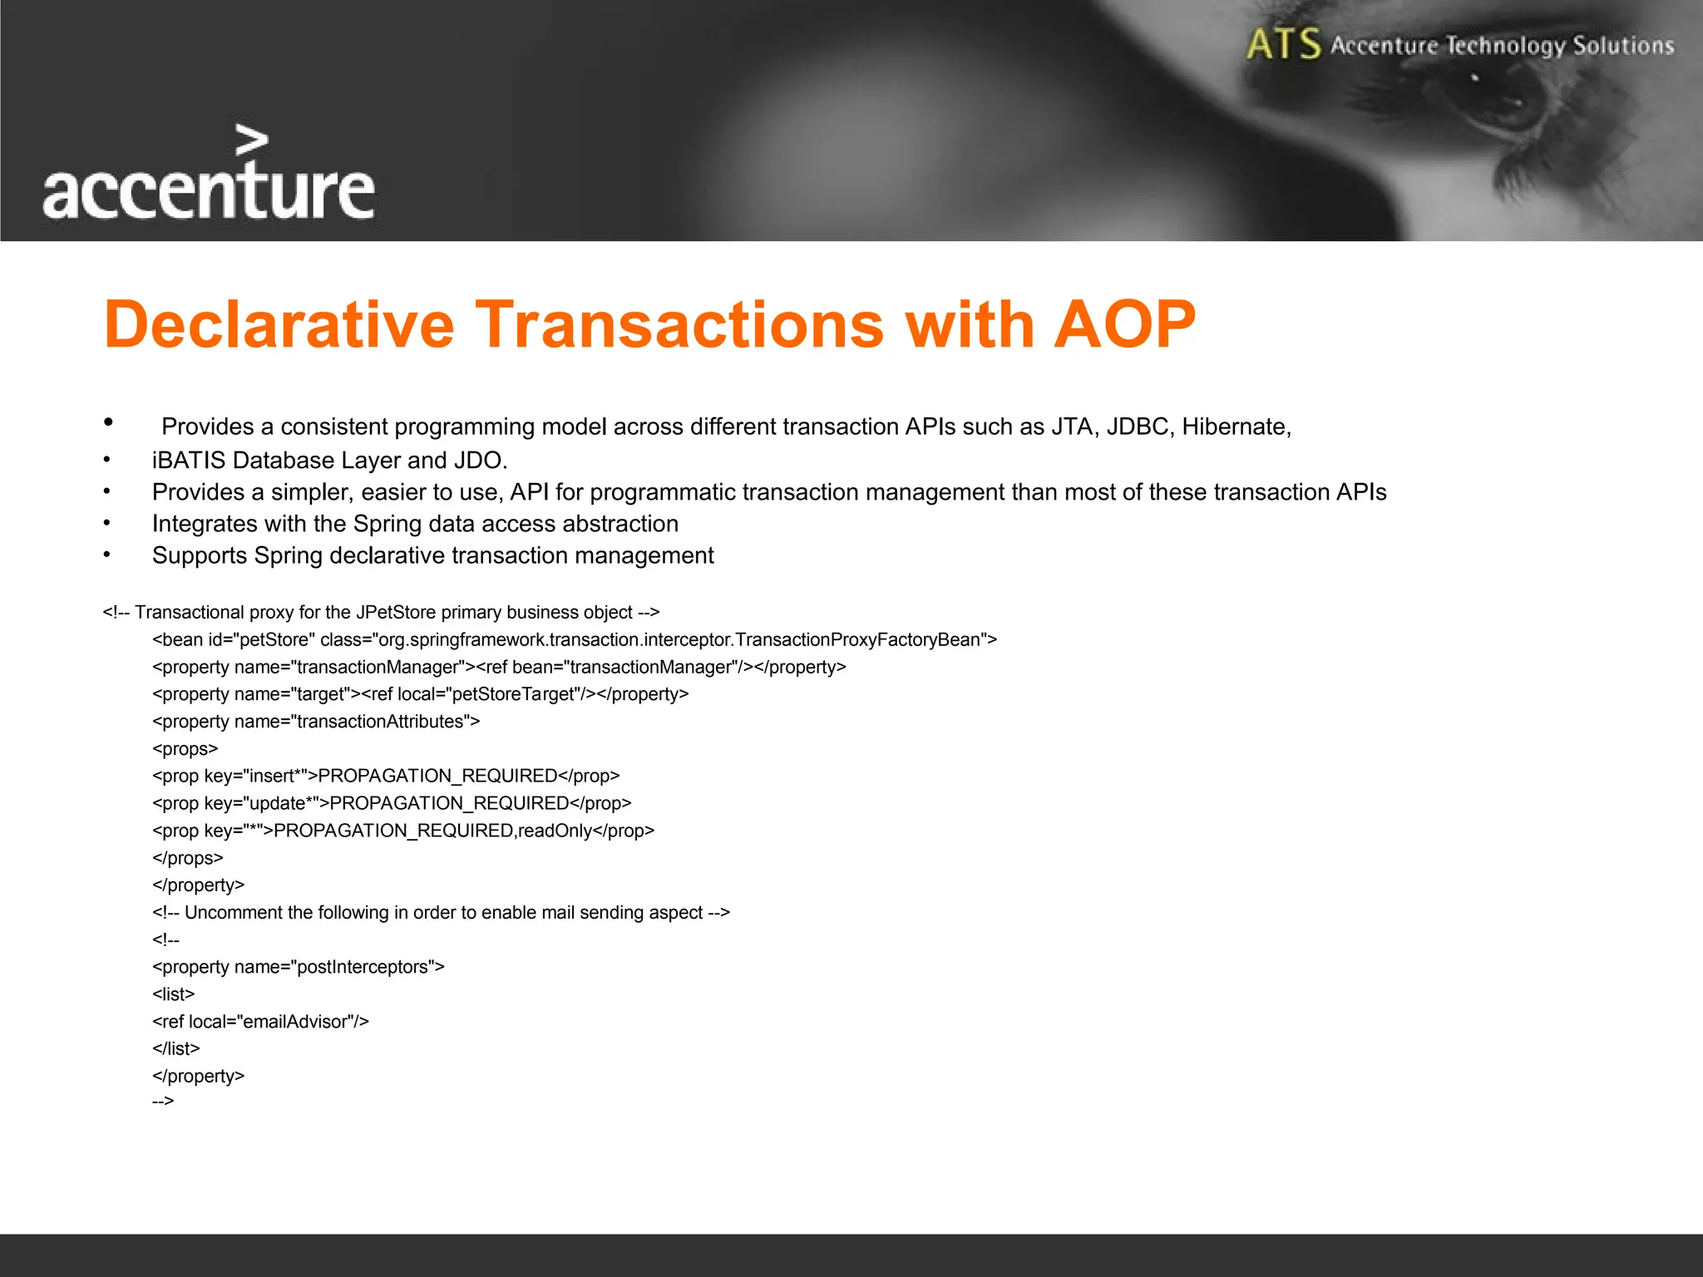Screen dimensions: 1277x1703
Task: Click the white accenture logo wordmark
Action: point(208,191)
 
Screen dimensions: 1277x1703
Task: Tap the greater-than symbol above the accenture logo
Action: point(252,141)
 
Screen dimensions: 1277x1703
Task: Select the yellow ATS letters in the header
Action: point(1283,44)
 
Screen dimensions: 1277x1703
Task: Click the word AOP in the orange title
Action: point(1124,324)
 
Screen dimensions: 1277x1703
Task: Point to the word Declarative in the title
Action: point(279,324)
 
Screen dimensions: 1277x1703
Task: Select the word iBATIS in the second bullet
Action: point(189,460)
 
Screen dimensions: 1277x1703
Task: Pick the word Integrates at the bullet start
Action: point(205,524)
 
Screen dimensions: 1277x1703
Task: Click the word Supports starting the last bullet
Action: point(200,555)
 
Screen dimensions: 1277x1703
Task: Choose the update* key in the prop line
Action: point(281,803)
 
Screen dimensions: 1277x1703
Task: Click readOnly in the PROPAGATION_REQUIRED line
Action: point(555,831)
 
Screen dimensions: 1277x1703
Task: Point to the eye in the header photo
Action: point(1497,104)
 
